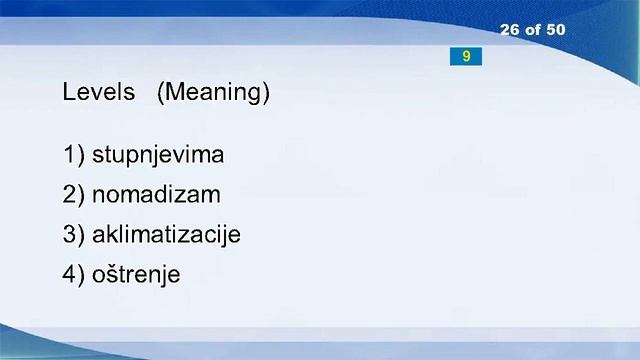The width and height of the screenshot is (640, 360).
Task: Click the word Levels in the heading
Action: click(x=98, y=93)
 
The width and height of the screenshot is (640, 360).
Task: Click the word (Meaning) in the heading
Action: click(x=213, y=93)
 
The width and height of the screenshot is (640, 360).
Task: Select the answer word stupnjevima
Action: click(x=158, y=156)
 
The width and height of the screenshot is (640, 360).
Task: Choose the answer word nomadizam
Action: click(x=156, y=195)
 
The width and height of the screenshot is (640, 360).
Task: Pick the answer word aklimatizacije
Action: click(x=166, y=235)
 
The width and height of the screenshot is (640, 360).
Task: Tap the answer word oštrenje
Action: click(x=136, y=274)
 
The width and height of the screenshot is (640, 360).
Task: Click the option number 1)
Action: click(x=73, y=156)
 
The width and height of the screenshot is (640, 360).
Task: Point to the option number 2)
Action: click(x=73, y=195)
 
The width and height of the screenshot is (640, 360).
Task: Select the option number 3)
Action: click(x=73, y=235)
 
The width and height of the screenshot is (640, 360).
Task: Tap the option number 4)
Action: click(x=73, y=274)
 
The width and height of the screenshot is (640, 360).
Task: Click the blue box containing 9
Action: click(x=466, y=57)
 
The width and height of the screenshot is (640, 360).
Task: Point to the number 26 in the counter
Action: click(x=509, y=30)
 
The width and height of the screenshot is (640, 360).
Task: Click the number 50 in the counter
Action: click(x=555, y=30)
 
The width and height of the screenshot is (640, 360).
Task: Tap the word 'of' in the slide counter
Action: click(x=532, y=30)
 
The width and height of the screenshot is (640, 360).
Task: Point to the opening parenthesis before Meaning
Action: click(x=161, y=93)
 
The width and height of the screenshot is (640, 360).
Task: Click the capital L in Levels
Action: click(x=68, y=93)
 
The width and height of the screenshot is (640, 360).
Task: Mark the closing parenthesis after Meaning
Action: click(x=266, y=93)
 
